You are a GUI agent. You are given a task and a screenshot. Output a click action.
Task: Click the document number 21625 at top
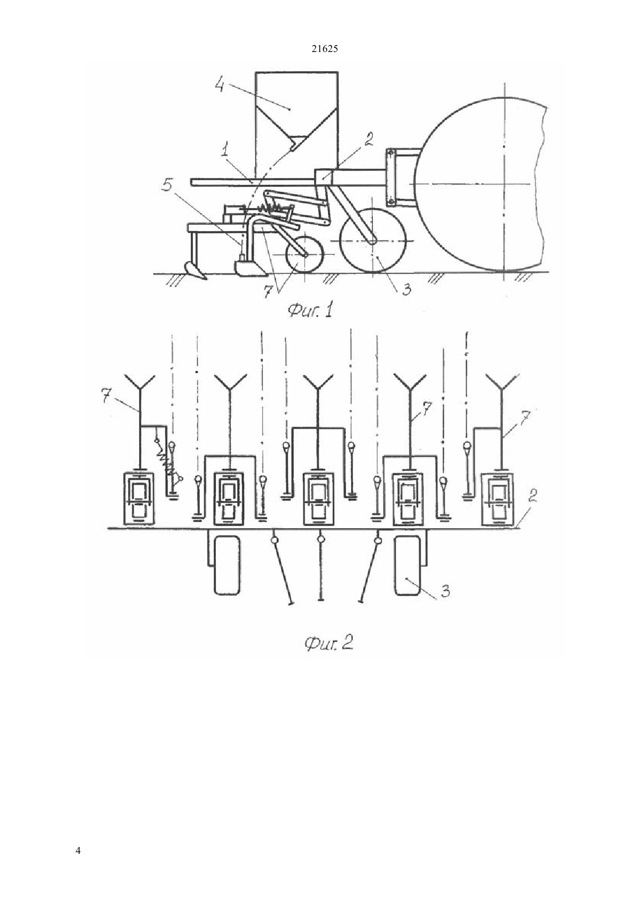coord(324,49)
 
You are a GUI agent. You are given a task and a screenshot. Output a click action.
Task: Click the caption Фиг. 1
coord(311,311)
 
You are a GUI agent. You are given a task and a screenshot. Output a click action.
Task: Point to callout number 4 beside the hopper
coord(219,84)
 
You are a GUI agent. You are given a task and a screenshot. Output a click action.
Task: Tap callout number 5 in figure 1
coord(167,185)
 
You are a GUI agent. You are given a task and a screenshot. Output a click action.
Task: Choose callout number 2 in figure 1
coord(368,139)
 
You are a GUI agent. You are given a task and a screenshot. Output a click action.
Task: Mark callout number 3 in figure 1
coord(406,288)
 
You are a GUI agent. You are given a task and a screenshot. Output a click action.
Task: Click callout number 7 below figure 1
coord(267,292)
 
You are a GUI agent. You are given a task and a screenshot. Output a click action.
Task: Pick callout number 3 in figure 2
coord(446,591)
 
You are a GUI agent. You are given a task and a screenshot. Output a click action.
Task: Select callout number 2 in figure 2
coord(532,496)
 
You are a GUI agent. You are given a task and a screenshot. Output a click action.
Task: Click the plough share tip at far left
coord(206,278)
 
